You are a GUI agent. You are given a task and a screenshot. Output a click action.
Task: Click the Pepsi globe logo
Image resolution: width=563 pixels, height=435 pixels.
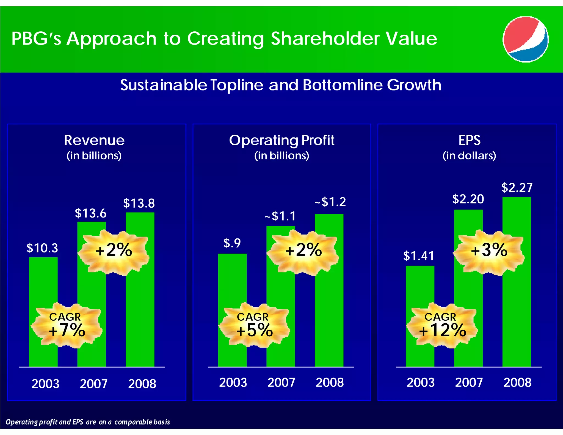point(525,39)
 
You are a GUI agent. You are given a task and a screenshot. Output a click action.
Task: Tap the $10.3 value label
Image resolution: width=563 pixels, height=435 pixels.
point(42,248)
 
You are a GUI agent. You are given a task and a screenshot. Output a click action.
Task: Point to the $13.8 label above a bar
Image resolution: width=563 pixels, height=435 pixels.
point(139,203)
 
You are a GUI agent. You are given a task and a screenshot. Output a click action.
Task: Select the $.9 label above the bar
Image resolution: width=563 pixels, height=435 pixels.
point(232,243)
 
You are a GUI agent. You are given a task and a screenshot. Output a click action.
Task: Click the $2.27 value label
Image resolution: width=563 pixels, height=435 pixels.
point(517,188)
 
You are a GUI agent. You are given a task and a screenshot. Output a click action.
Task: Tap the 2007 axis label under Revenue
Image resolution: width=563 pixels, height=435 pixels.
point(93,384)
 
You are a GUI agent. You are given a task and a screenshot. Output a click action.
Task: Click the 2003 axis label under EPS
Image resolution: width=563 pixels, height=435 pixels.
point(421,382)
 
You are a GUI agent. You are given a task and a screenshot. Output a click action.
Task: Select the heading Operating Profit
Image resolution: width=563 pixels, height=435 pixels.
point(281,140)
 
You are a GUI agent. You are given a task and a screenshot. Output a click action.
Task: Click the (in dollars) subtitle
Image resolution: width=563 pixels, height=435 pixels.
point(469,156)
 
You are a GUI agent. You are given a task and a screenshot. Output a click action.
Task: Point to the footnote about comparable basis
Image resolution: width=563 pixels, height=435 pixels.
point(88,422)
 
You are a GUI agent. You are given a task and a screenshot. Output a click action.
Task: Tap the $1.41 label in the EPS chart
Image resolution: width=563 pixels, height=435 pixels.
point(418,256)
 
